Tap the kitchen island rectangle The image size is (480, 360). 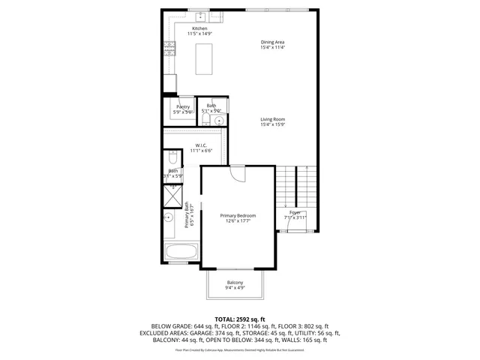(205, 58)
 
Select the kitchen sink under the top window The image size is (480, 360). (201, 16)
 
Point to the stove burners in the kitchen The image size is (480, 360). (169, 49)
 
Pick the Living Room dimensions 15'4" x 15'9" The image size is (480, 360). (272, 124)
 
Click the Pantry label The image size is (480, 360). (183, 107)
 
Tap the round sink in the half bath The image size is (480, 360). (219, 120)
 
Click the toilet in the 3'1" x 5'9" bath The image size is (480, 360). (172, 159)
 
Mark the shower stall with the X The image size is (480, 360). (172, 194)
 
